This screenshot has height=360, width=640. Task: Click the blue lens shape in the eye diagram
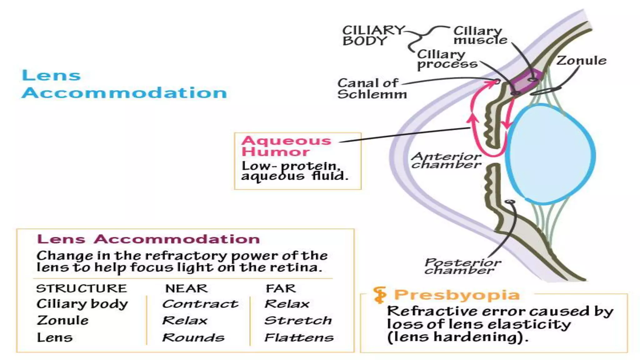[550, 155]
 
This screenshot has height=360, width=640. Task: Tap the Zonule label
[581, 61]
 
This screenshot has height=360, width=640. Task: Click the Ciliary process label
[447, 59]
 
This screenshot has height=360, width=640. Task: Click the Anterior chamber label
[446, 161]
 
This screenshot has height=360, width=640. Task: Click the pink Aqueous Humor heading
[286, 146]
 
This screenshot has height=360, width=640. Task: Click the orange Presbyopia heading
[457, 295]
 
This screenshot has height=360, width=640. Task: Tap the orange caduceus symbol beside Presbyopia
[380, 295]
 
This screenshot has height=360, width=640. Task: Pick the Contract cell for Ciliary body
[200, 304]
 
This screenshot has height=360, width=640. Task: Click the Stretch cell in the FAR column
[298, 321]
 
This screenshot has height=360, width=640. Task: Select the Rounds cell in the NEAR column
[193, 338]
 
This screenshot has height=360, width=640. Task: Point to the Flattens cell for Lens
[299, 338]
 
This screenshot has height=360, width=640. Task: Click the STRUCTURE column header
[82, 288]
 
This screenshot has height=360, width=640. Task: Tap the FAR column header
[281, 288]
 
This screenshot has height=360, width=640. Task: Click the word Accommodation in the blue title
[124, 93]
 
